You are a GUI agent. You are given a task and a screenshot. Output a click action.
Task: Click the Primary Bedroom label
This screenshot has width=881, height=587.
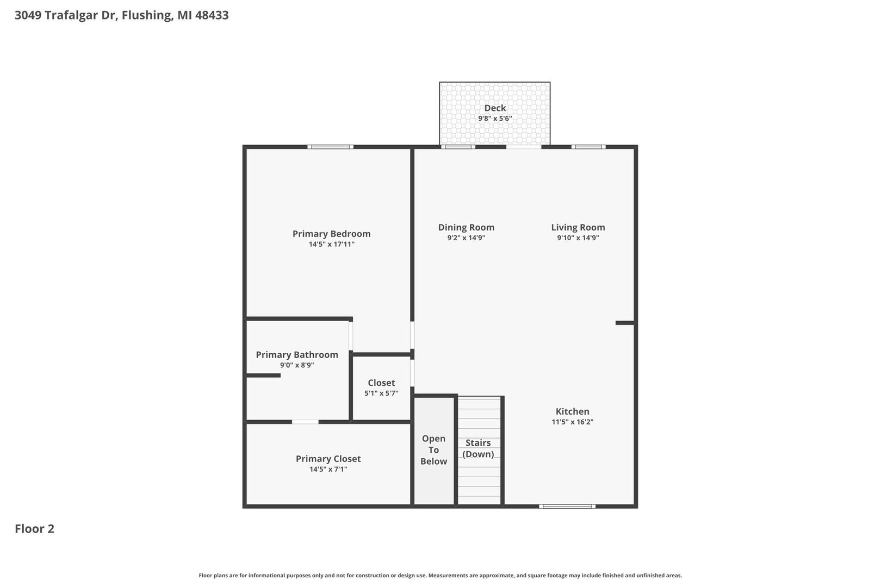pos(331,234)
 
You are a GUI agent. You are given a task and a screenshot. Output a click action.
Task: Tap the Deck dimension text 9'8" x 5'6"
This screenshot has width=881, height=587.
pos(495,118)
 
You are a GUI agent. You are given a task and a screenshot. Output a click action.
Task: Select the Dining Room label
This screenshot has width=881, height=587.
pos(466,227)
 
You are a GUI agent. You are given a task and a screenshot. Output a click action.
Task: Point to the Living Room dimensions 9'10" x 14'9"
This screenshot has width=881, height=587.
pos(578,238)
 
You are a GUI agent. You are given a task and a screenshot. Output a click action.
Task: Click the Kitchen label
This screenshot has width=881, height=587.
pos(572,411)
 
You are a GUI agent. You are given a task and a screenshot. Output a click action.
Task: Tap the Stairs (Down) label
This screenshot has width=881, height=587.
pos(478,448)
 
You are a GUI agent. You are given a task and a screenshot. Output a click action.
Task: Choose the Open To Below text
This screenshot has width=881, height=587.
pos(433,450)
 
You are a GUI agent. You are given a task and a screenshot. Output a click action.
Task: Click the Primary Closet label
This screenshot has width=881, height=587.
pos(328,458)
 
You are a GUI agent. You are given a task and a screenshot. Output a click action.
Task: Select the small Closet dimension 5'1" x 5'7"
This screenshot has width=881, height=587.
pos(381,393)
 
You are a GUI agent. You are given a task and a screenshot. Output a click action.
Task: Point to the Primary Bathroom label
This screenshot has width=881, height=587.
pos(297,354)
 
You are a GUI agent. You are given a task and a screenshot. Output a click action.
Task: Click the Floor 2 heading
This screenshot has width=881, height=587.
pos(35,528)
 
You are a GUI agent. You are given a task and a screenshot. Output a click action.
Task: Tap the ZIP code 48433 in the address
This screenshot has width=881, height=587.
pos(212,15)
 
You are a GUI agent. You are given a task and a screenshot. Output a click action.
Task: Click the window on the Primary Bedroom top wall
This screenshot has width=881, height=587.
pos(331,147)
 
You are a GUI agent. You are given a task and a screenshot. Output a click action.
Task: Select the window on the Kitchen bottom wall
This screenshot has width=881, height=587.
pos(567,507)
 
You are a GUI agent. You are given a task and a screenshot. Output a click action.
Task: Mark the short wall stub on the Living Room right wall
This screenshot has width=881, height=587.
pos(625,323)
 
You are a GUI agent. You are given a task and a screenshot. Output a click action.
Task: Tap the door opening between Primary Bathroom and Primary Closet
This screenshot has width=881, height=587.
pos(305,422)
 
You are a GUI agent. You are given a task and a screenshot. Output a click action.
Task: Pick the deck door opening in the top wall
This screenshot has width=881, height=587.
pos(524,147)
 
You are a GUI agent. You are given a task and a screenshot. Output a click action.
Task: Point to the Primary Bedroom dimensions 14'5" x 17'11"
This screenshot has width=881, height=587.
pos(331,244)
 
